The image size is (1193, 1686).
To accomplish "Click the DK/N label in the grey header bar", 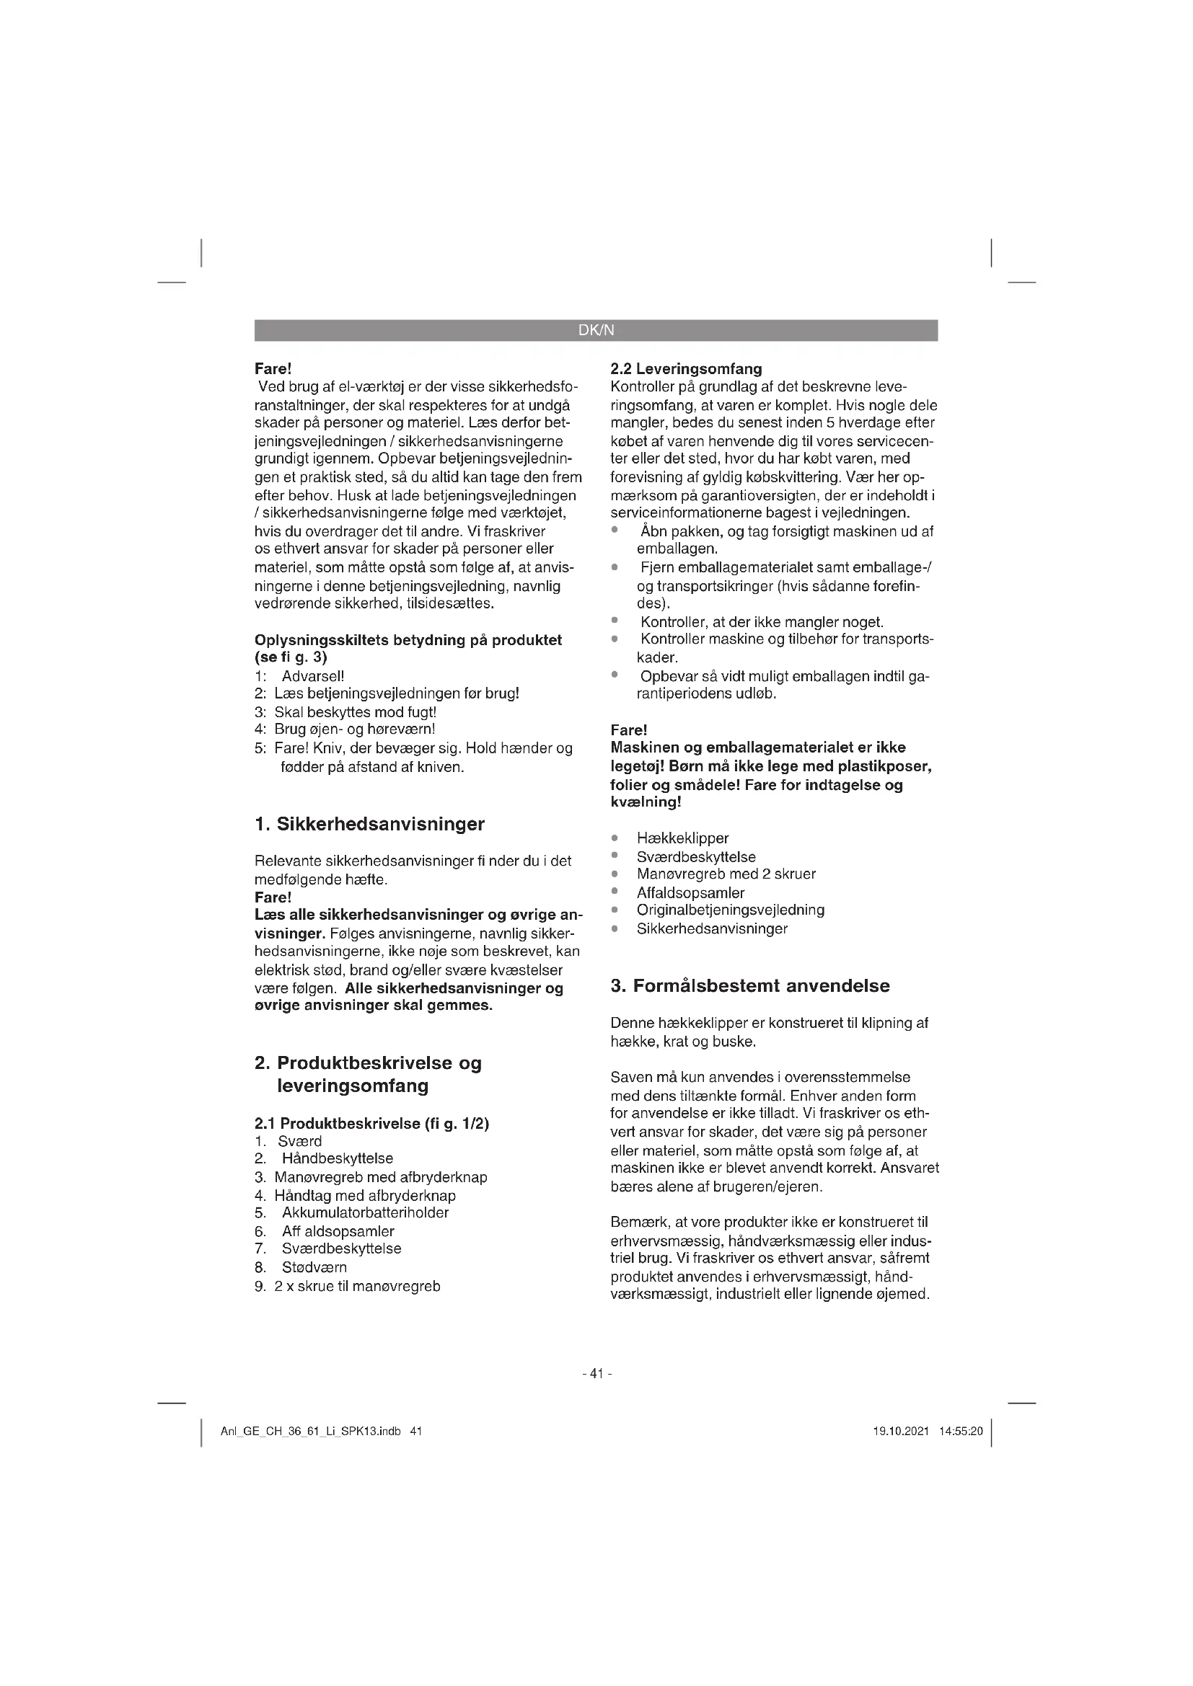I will point(596,330).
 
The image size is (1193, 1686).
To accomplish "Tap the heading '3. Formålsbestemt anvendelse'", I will point(749,985).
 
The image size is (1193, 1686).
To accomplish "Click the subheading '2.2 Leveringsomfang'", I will point(686,368).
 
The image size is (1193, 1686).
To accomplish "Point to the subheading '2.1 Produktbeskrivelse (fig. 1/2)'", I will point(371,1123).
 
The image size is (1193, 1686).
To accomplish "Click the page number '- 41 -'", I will point(596,1372).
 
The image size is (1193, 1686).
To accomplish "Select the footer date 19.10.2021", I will point(901,1432).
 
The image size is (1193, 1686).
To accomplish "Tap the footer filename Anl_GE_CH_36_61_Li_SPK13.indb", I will point(311,1432).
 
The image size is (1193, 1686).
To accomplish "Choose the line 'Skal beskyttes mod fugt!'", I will point(355,711).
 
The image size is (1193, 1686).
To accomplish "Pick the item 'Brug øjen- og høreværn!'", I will point(354,729).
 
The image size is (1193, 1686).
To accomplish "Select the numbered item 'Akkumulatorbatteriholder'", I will point(364,1212).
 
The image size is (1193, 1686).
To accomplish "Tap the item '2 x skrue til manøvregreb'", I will point(357,1286).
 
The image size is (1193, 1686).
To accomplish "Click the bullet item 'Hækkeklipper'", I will point(682,838).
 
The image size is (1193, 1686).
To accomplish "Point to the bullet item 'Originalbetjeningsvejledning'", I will point(730,910).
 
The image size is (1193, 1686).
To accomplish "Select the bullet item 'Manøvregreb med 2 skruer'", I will point(726,874).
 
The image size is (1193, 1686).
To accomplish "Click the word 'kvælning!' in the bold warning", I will point(646,802).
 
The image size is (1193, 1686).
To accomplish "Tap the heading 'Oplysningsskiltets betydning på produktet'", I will point(408,639).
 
